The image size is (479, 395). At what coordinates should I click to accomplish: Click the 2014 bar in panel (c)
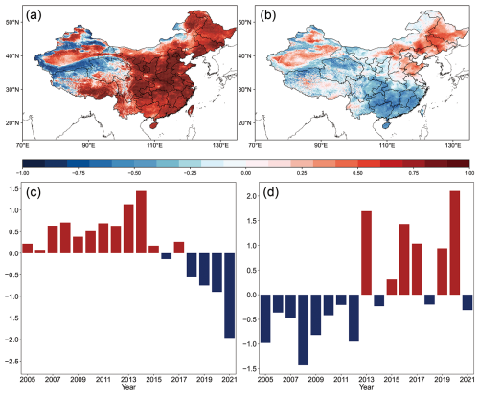141,222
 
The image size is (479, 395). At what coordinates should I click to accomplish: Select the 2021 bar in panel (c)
230,296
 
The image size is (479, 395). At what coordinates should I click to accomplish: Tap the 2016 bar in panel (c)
167,256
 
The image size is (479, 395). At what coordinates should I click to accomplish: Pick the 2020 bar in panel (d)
455,243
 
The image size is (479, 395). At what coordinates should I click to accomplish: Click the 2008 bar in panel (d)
304,330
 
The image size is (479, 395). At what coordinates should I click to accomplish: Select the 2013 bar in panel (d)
366,253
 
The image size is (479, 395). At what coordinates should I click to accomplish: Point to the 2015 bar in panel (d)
392,287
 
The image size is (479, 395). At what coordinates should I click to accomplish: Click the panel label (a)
34,15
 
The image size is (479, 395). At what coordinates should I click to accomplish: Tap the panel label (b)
267,15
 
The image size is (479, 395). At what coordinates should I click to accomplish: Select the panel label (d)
270,193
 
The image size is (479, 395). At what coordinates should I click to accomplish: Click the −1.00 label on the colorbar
23,173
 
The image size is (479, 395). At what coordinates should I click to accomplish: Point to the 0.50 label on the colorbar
357,173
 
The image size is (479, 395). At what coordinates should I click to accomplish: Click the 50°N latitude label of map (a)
12,22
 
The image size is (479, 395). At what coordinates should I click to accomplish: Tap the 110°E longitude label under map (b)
386,146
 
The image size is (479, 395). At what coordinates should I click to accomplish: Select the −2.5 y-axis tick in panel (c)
11,362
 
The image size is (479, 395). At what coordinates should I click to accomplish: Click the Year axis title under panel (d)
366,387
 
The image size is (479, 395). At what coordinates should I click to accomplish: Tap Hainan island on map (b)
386,125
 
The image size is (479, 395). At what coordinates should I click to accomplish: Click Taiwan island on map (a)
192,110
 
